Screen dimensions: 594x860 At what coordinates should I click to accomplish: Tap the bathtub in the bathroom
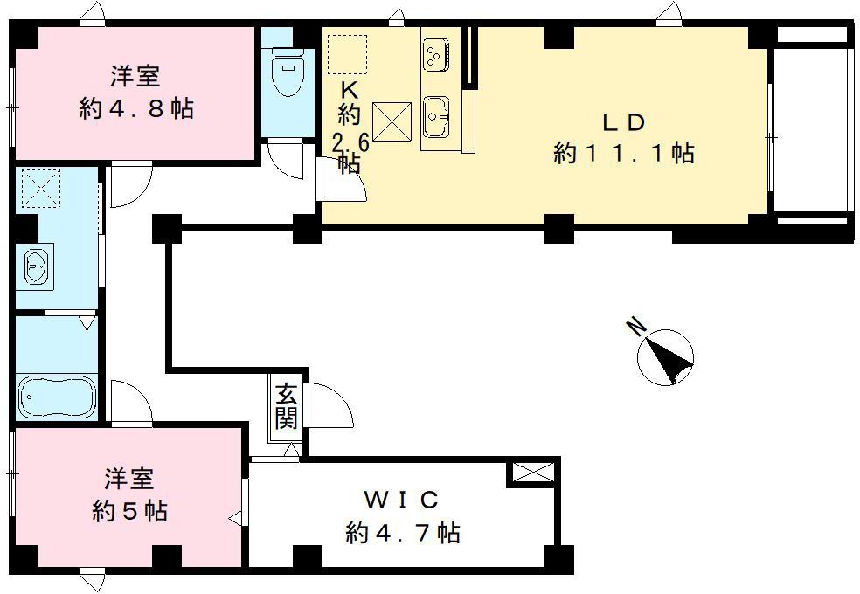click(56, 397)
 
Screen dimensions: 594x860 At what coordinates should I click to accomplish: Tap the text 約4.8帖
click(135, 109)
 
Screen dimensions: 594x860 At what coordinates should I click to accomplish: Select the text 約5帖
click(130, 510)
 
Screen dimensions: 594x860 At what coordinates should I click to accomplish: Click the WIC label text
click(400, 501)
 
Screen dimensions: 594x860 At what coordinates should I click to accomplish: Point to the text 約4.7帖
click(403, 532)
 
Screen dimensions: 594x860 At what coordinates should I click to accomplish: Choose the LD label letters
click(622, 121)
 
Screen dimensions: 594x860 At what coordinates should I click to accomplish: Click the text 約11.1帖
click(624, 154)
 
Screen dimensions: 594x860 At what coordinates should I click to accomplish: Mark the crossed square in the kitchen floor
click(391, 121)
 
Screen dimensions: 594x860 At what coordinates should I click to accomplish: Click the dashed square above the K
click(346, 54)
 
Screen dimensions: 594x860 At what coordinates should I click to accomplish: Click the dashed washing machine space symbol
click(38, 188)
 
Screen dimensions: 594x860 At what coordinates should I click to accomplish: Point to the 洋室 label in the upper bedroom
click(135, 77)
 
